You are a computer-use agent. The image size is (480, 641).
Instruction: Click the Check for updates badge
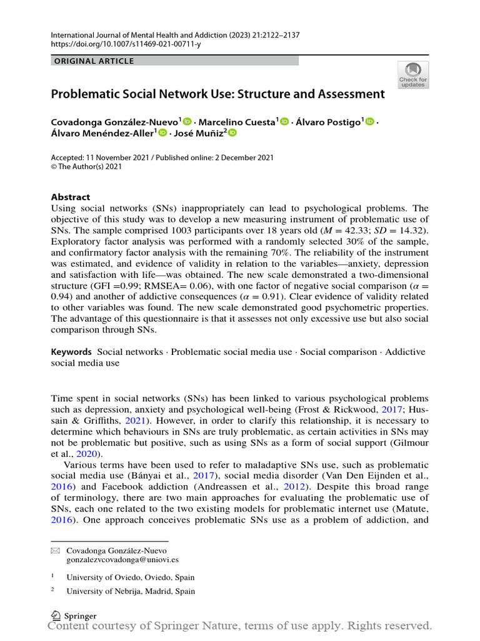coord(413,74)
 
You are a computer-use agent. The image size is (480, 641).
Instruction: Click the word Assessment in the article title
coord(354,95)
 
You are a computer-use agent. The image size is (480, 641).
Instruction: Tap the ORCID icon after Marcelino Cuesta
coord(285,121)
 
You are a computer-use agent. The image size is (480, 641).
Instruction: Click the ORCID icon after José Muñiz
coord(232,133)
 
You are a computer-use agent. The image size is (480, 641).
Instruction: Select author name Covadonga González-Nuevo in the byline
coord(116,122)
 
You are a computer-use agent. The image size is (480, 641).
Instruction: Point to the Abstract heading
coord(70,197)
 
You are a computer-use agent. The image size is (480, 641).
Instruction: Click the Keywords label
coord(72,352)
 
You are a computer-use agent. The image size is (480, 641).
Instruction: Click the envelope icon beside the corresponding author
coord(54,551)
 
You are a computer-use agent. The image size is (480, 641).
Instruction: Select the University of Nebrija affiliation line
coord(130,591)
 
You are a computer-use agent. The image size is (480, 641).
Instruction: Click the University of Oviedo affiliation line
coord(130,577)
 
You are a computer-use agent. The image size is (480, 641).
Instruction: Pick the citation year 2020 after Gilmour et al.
coord(89,454)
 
